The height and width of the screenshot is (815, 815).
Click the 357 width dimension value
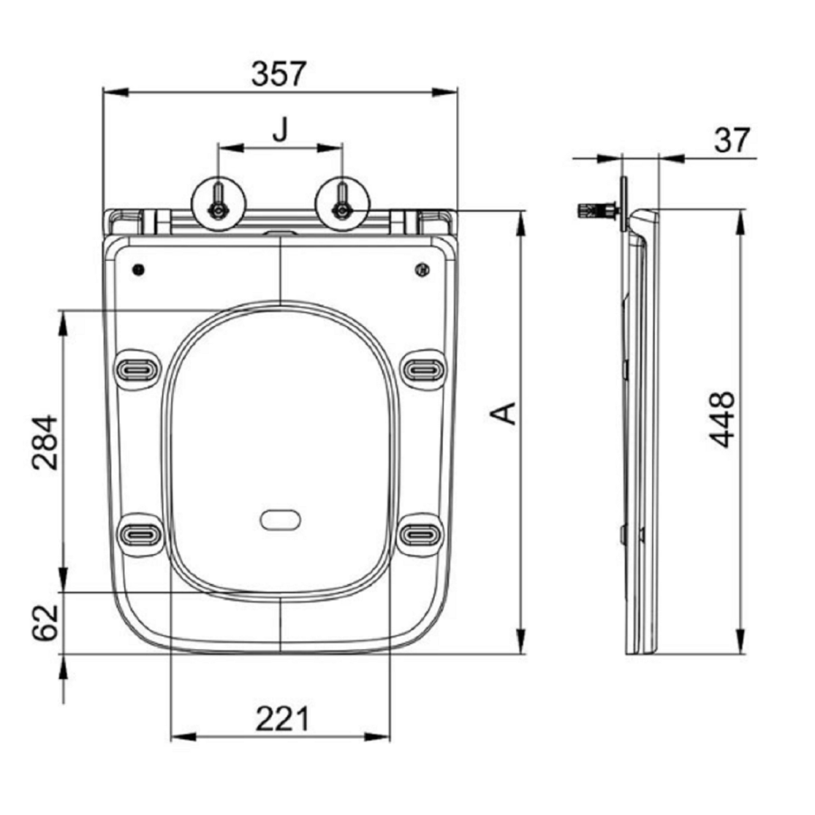tap(281, 72)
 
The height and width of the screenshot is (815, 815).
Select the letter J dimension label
tap(281, 130)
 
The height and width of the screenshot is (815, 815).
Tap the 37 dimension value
tap(733, 139)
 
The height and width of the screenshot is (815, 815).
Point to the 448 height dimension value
tap(722, 419)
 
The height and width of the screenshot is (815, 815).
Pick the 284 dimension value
tap(44, 442)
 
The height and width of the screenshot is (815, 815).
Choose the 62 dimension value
tap(44, 622)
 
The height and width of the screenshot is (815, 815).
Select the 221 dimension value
tap(282, 719)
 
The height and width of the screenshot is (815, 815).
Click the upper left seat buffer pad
tap(139, 369)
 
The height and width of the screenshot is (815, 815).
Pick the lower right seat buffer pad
tap(421, 532)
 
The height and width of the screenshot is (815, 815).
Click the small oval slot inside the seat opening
tap(282, 520)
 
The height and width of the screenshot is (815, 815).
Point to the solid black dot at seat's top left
tap(139, 270)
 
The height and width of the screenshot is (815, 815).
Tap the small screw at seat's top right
tap(420, 270)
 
